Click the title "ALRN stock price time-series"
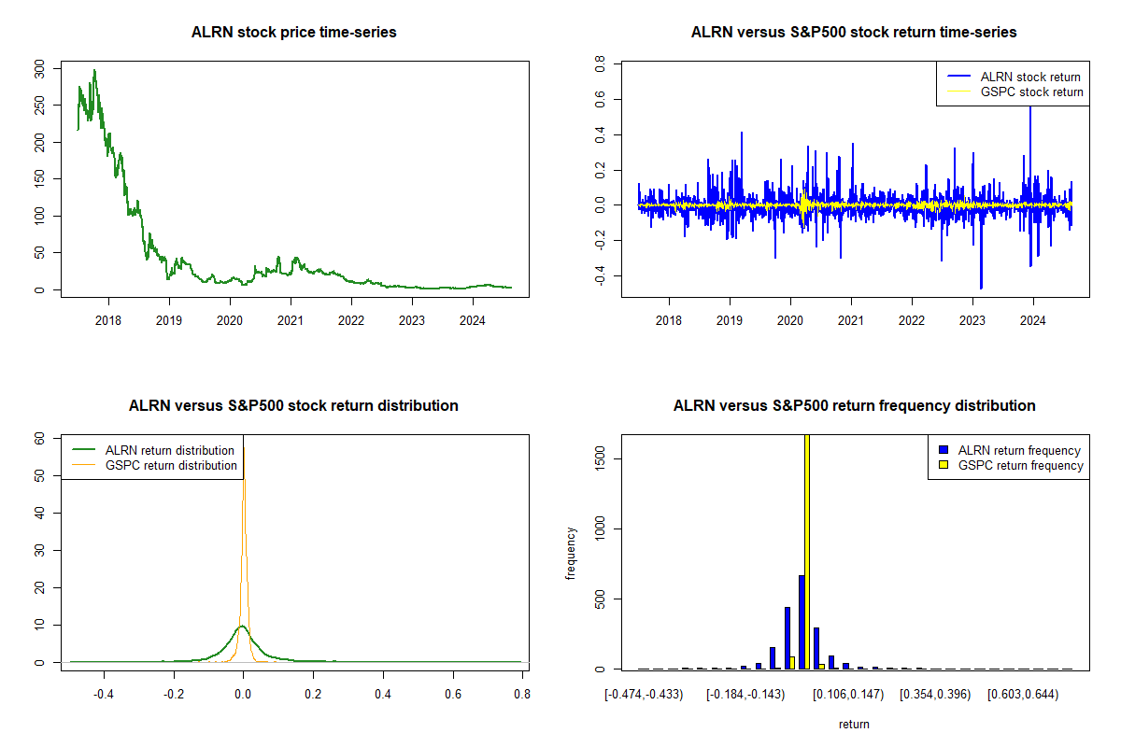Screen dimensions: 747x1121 click(x=293, y=33)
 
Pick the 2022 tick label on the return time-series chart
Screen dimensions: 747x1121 click(x=912, y=322)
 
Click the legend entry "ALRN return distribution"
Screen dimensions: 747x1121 click(x=169, y=450)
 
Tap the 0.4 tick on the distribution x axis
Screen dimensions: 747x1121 click(x=383, y=695)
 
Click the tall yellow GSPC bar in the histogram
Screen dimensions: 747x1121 click(x=806, y=551)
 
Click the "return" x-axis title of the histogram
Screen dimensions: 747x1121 click(x=854, y=724)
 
